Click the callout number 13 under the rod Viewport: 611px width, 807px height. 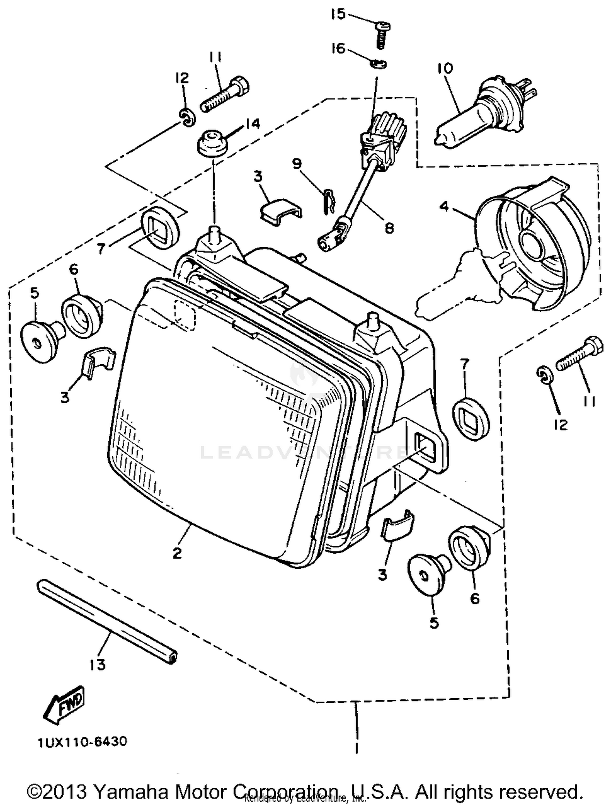98,664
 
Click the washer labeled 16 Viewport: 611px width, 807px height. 379,64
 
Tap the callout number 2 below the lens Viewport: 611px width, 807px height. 177,553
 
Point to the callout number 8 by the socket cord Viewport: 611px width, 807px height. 389,228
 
